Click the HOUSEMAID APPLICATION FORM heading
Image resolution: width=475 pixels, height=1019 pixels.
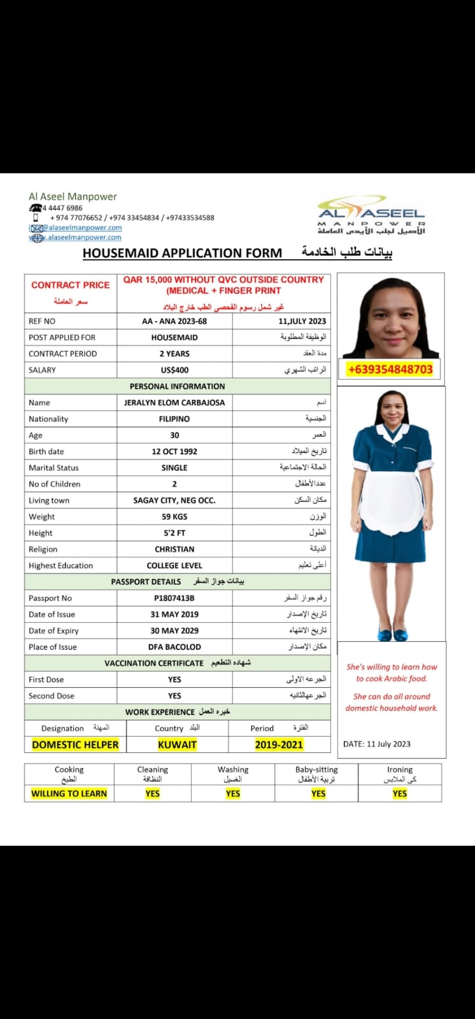click(x=182, y=253)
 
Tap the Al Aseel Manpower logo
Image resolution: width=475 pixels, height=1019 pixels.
click(x=372, y=216)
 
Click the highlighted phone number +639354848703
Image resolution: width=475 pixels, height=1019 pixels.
click(x=390, y=369)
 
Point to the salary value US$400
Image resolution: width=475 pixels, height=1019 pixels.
click(x=174, y=370)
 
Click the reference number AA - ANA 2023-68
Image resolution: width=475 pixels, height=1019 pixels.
click(x=174, y=321)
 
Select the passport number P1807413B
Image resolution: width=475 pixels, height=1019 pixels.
click(x=174, y=598)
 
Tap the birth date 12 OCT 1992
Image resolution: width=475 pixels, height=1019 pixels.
click(x=174, y=452)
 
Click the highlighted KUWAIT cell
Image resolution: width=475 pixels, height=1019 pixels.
click(x=177, y=745)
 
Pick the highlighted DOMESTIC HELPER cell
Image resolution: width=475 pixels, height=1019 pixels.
click(x=75, y=745)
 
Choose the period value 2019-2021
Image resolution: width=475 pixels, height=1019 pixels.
click(x=279, y=745)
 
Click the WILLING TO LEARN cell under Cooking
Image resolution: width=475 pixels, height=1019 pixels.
click(x=69, y=794)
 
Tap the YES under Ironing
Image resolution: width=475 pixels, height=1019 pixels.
click(x=400, y=794)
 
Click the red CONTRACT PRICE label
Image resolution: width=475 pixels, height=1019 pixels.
click(x=70, y=285)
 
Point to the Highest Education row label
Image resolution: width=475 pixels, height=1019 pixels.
click(x=60, y=566)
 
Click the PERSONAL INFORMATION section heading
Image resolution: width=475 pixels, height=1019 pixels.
click(x=177, y=387)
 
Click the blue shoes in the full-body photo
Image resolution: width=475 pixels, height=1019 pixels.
click(x=392, y=634)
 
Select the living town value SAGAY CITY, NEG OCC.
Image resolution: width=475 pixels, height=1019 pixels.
click(x=174, y=501)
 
